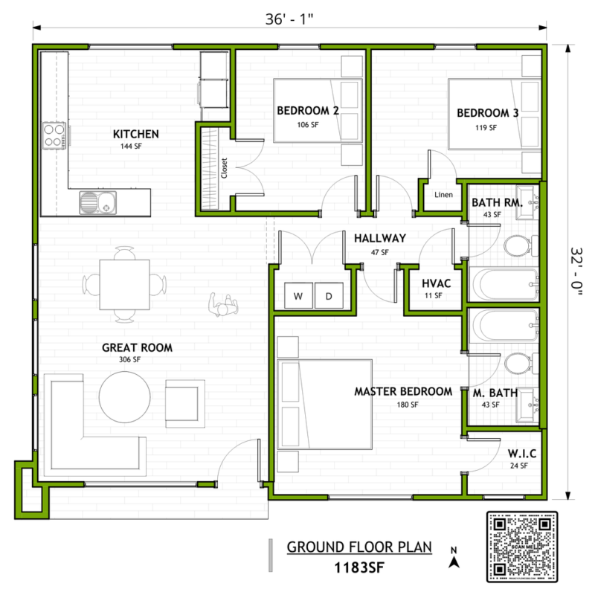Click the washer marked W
tap(299, 295)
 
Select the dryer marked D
tap(329, 295)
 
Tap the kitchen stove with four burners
tap(54, 135)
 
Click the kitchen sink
tap(98, 202)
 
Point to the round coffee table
tap(124, 397)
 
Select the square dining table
tap(124, 285)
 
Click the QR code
tap(522, 547)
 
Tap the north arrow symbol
tap(454, 557)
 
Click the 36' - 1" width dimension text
tap(289, 19)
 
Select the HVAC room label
tap(437, 283)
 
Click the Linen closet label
tap(443, 195)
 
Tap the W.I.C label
tap(522, 454)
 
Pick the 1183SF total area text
tap(359, 567)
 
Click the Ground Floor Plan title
tap(359, 547)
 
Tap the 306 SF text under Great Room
tap(129, 359)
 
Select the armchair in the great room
tap(184, 404)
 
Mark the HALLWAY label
tap(380, 238)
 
